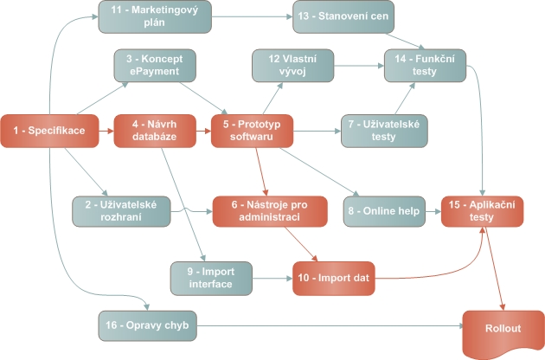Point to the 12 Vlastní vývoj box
tap(292, 66)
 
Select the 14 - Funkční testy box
tap(426, 66)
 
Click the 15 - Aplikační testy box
tap(482, 210)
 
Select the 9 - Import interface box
tap(211, 278)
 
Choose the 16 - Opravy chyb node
tap(150, 326)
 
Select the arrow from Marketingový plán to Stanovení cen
tap(252, 16)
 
